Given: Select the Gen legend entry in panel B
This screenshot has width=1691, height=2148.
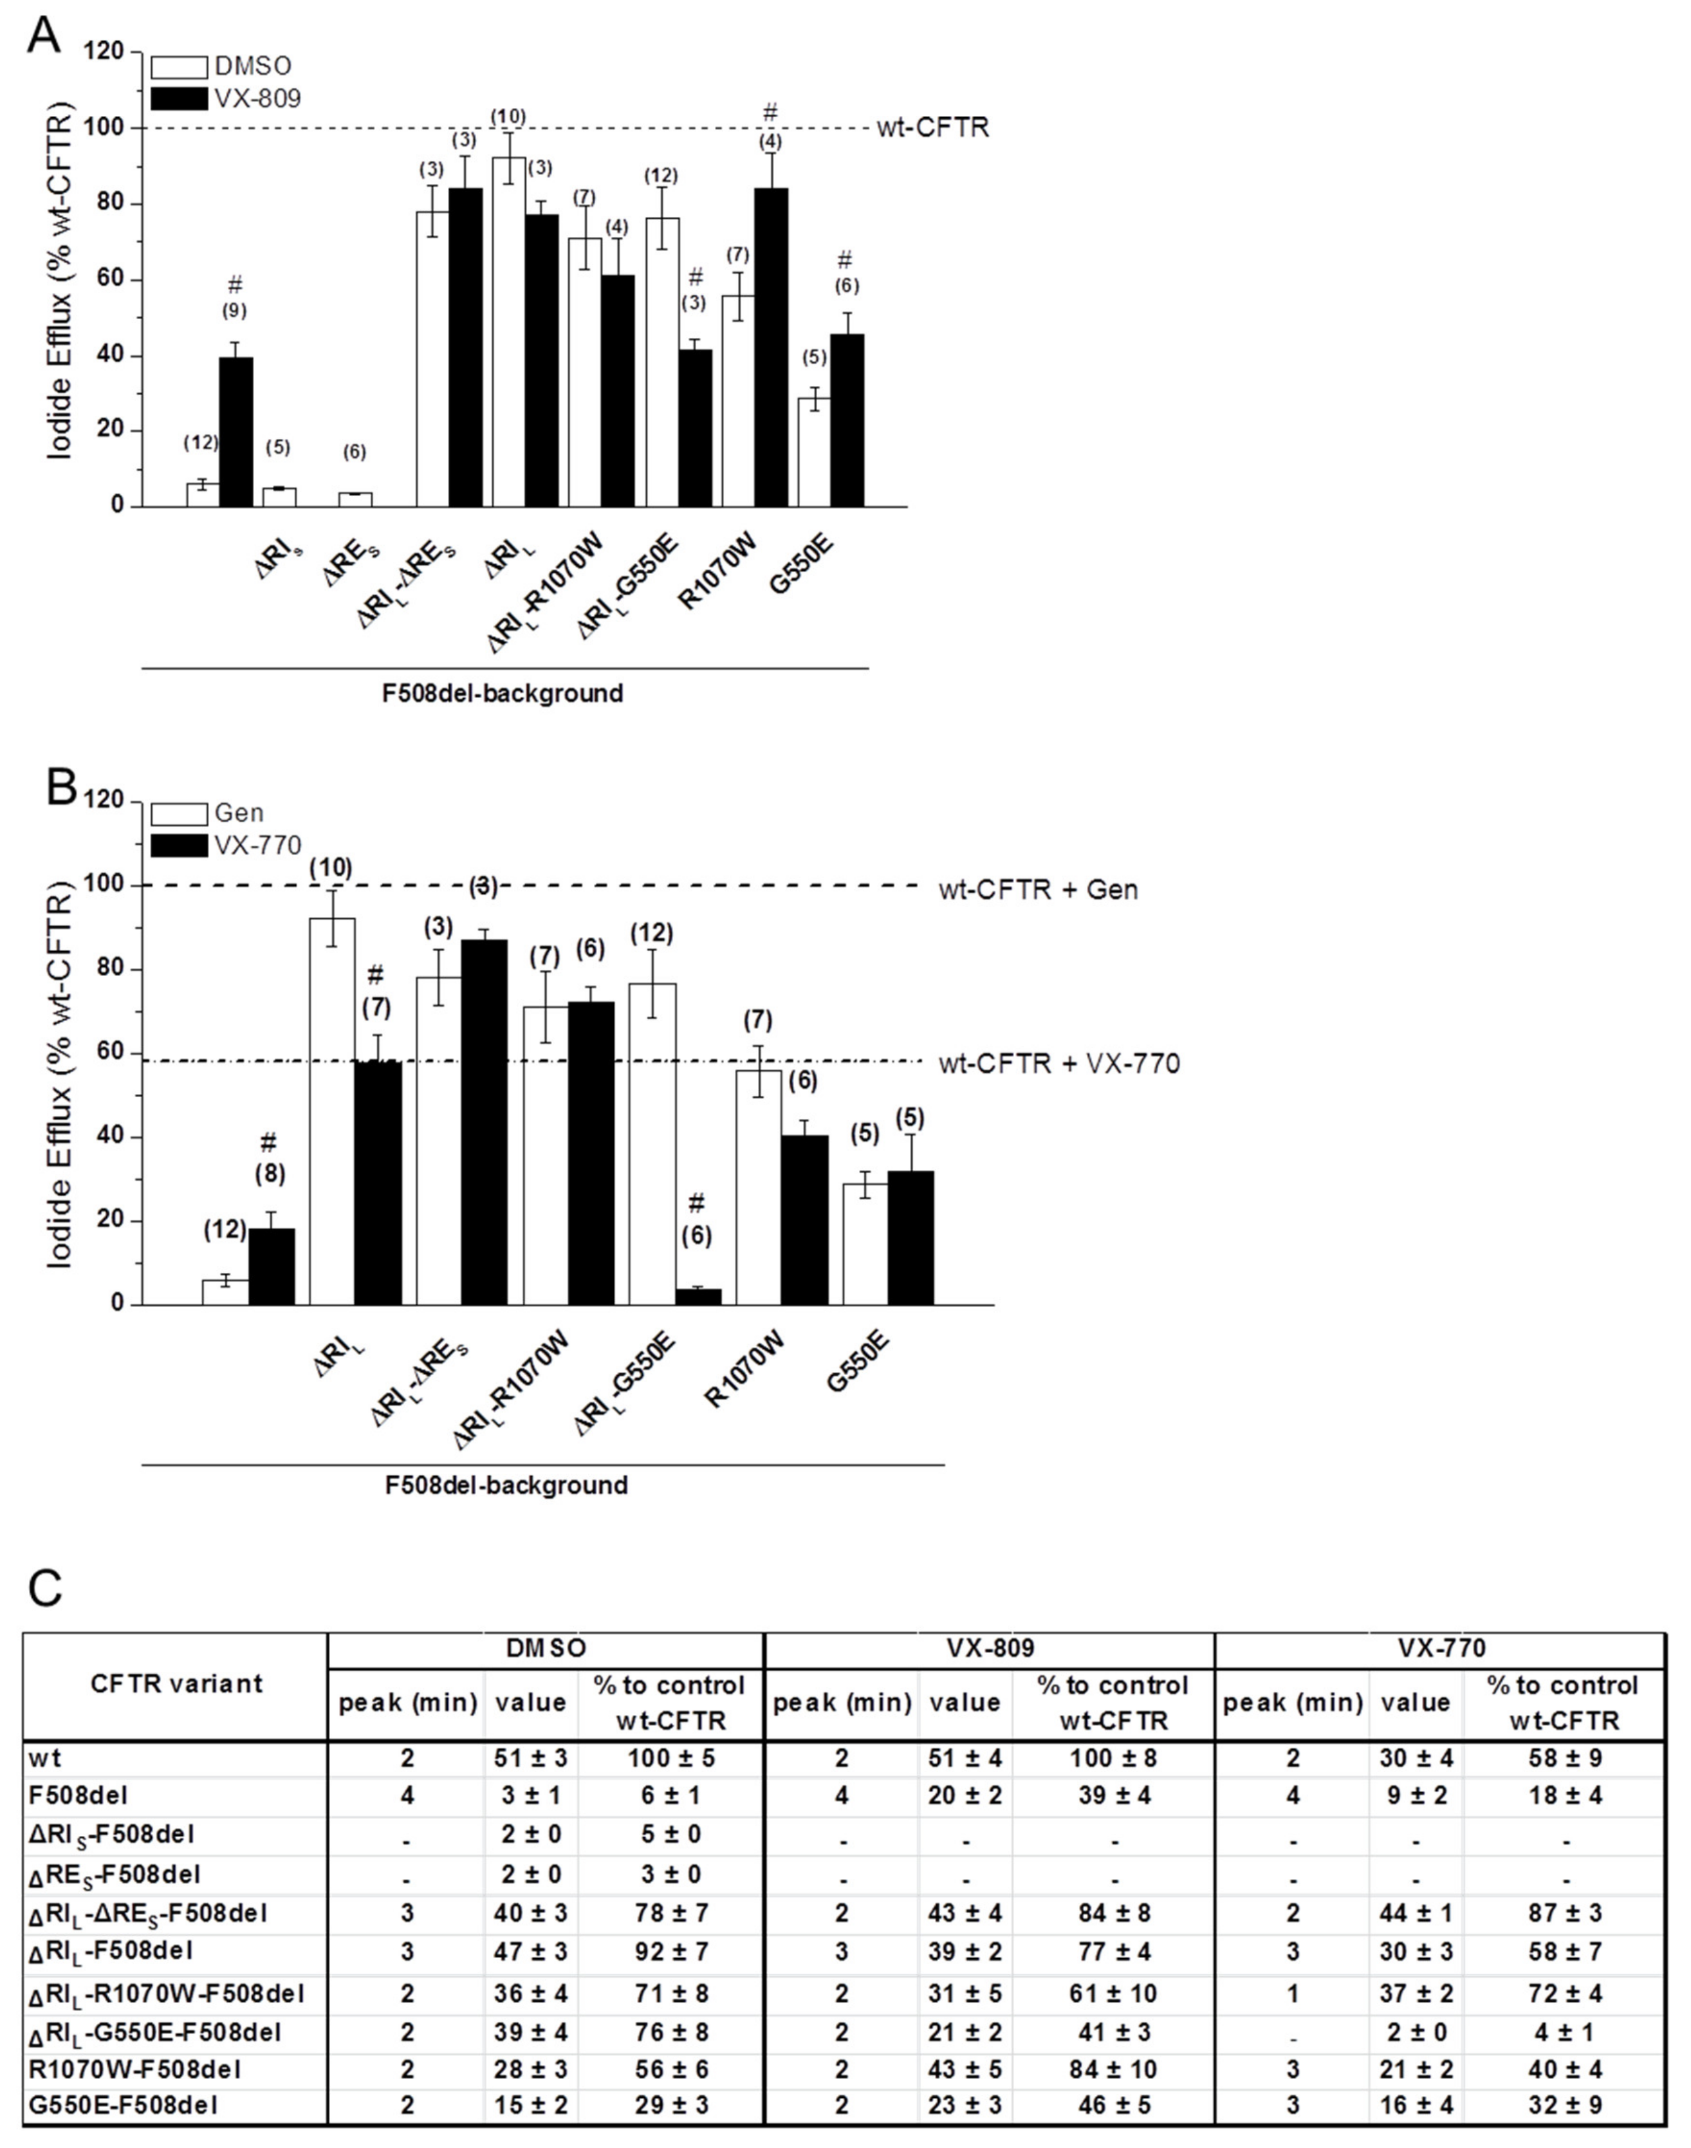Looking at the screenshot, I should (239, 813).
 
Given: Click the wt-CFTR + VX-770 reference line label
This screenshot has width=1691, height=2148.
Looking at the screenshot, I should (1059, 1065).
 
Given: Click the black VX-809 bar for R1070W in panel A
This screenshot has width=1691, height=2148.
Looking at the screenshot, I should (770, 346).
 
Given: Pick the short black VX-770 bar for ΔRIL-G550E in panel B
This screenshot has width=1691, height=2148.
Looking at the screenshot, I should (698, 1297).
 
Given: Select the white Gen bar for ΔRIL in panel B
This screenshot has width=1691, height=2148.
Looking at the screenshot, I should (333, 1111).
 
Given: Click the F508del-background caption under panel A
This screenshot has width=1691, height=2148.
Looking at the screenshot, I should (503, 693).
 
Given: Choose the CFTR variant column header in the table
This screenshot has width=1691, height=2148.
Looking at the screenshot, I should (176, 1684).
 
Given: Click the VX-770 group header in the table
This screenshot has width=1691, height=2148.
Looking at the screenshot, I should (1441, 1648).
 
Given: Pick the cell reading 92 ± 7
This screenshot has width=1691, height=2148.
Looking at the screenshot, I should (670, 1951).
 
